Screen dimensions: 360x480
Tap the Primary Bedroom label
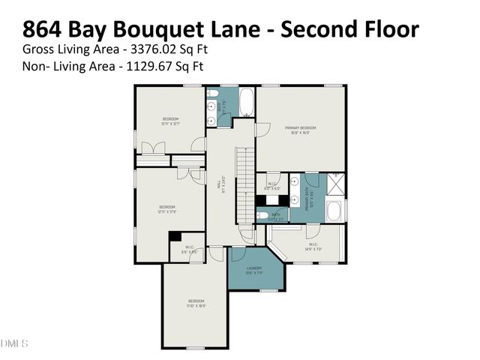click(x=301, y=130)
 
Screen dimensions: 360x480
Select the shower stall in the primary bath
click(x=335, y=184)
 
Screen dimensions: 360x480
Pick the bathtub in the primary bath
click(x=335, y=211)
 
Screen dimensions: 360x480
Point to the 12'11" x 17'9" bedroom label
click(x=166, y=209)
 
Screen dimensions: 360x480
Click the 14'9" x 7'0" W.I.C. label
click(x=313, y=246)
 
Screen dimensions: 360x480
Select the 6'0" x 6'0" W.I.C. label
click(x=271, y=187)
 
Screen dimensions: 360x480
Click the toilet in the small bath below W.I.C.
click(x=263, y=215)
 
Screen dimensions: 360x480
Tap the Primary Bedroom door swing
click(x=262, y=130)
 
